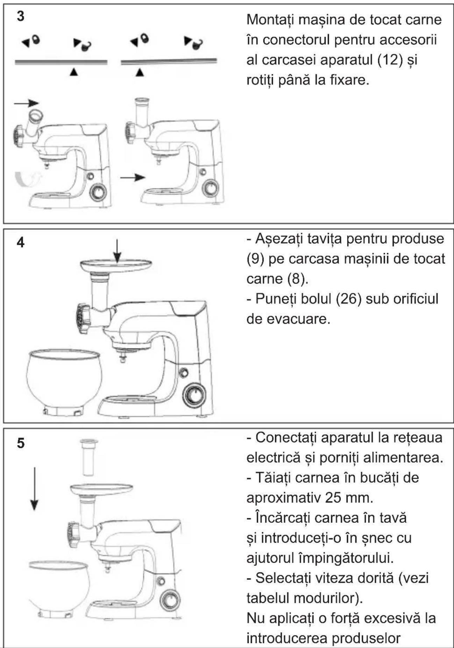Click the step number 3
[21, 16]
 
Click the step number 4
[21, 242]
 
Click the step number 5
[21, 443]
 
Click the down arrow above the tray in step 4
[117, 251]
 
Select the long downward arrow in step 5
[34, 489]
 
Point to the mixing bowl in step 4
[64, 381]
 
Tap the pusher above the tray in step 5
[89, 457]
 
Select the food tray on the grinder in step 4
[116, 266]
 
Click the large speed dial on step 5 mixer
[170, 600]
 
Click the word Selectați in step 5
[283, 578]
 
